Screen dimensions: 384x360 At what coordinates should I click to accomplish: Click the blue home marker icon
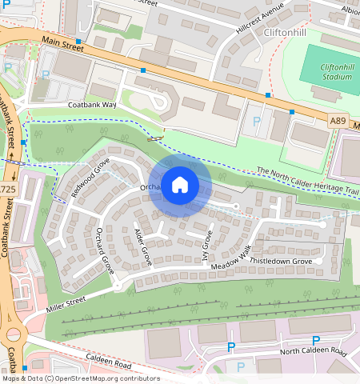click(180, 186)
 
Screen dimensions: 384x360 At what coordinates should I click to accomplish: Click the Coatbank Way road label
click(92, 105)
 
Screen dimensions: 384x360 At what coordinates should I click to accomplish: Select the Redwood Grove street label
click(90, 177)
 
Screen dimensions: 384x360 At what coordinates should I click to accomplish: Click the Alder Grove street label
click(142, 246)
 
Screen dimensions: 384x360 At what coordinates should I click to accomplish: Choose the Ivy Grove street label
click(206, 246)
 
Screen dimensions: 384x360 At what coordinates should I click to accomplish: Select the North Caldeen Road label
click(314, 352)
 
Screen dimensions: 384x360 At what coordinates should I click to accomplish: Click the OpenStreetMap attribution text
click(80, 378)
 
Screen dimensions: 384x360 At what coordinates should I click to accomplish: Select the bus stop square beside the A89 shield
click(291, 112)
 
